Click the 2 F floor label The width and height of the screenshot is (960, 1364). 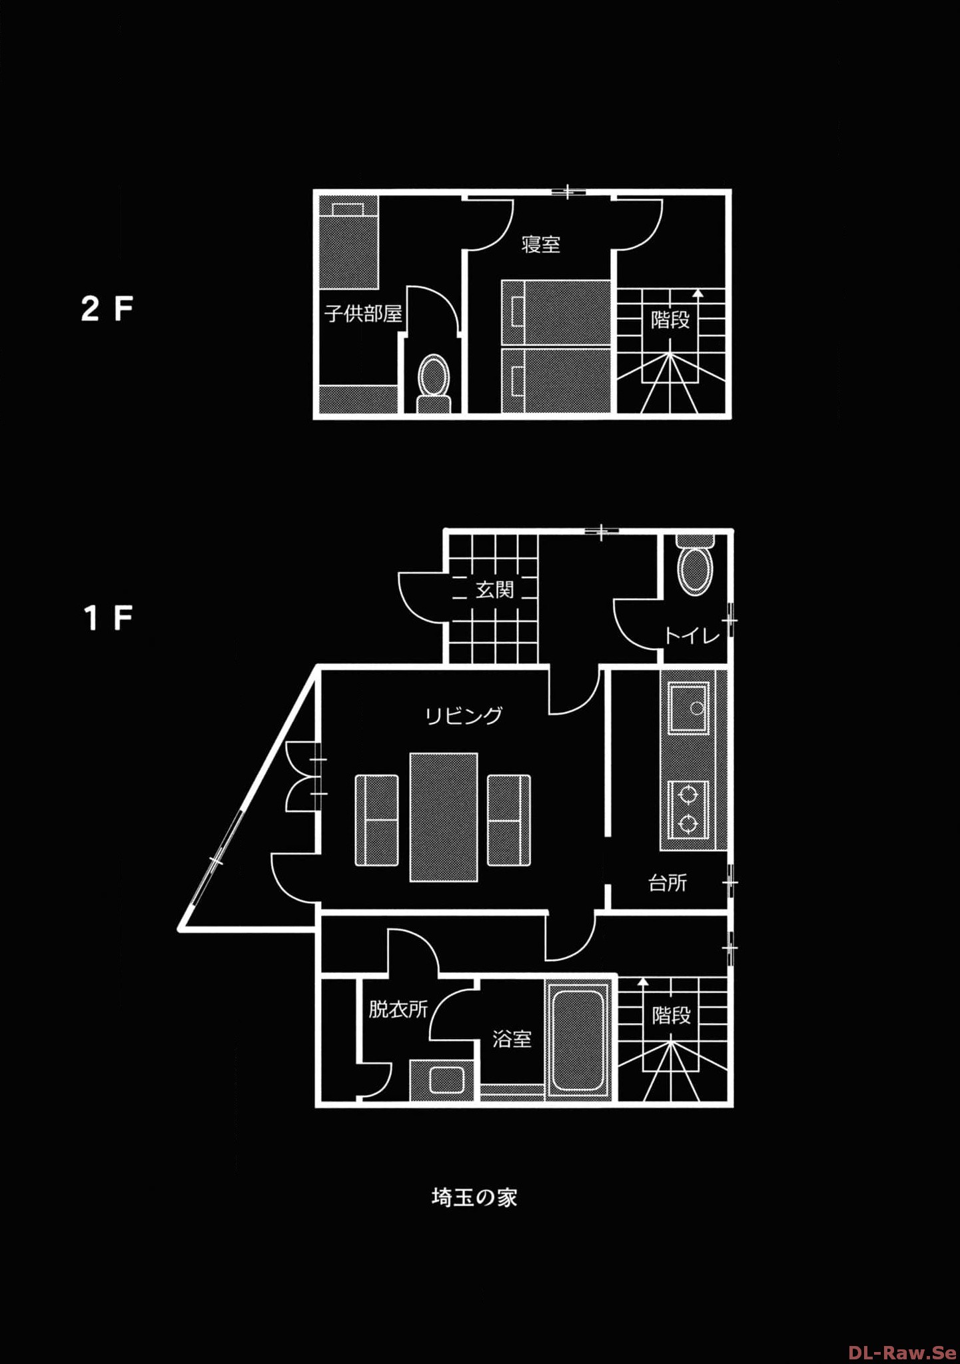(x=107, y=309)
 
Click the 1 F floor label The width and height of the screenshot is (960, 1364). (x=109, y=618)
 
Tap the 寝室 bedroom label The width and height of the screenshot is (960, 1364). (x=541, y=244)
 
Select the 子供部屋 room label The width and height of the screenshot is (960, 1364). (x=364, y=313)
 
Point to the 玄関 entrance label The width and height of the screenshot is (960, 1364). (x=495, y=589)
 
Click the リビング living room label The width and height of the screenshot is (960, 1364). (x=464, y=716)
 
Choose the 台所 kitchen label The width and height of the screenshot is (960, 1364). (x=668, y=883)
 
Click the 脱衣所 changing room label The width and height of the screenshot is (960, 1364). (x=398, y=1009)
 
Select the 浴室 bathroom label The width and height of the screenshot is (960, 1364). (x=512, y=1039)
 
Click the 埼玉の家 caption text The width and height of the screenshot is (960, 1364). (x=474, y=1197)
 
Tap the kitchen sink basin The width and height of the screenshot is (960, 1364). (x=688, y=707)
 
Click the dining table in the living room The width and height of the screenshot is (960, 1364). (x=444, y=817)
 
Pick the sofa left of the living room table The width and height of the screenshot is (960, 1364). (x=377, y=820)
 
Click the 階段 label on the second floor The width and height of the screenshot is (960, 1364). (x=671, y=320)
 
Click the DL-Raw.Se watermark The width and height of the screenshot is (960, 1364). (x=903, y=1353)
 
